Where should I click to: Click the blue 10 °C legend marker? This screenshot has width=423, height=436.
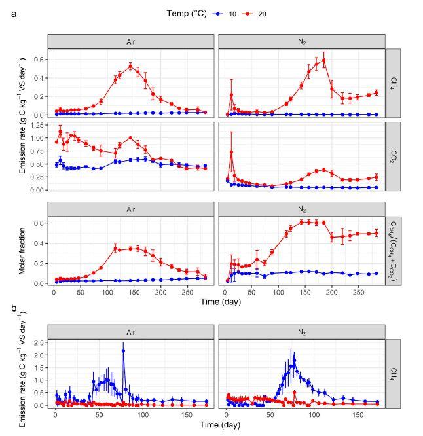(215, 14)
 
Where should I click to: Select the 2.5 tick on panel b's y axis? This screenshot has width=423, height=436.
(39, 342)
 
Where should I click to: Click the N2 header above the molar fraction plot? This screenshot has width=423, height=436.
(302, 209)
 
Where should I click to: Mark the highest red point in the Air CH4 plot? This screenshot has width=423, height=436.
(130, 66)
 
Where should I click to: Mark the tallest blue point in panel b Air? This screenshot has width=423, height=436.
(123, 351)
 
